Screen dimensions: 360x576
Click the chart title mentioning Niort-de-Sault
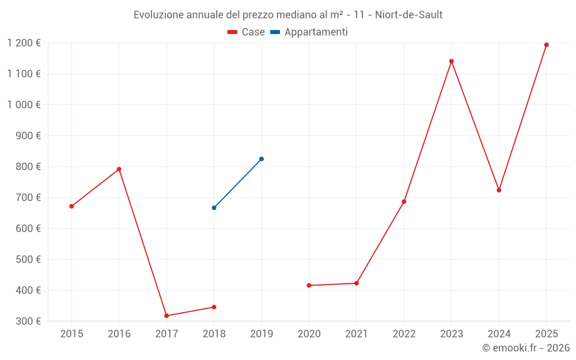click(x=288, y=14)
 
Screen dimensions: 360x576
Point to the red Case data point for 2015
click(x=71, y=206)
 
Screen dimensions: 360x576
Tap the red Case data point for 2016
click(x=119, y=169)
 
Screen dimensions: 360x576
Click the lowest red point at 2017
click(x=166, y=316)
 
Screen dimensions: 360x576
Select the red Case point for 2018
click(x=214, y=307)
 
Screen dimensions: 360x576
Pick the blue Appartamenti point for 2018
click(x=214, y=208)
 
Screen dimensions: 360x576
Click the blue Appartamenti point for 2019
click(x=262, y=159)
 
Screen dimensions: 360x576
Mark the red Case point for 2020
click(x=309, y=285)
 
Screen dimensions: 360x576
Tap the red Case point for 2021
click(x=357, y=283)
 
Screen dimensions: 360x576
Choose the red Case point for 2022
click(x=404, y=202)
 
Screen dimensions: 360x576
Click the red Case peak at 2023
click(x=452, y=61)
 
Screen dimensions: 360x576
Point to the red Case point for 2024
click(x=499, y=190)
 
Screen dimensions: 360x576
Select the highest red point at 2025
click(x=547, y=45)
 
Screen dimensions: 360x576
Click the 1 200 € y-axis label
click(x=24, y=43)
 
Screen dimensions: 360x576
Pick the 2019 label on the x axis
click(x=262, y=334)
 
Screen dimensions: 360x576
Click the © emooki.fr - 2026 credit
click(x=526, y=348)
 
